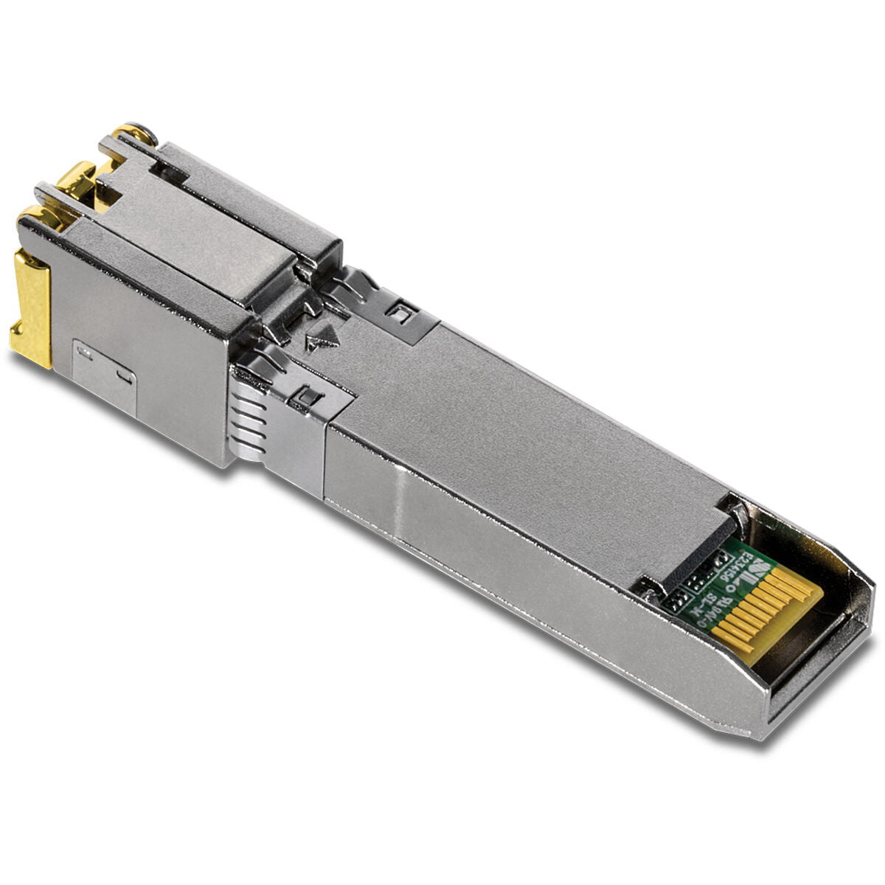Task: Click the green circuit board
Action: tap(708, 583)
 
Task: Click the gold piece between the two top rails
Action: tap(81, 184)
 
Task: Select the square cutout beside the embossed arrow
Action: tap(402, 313)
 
